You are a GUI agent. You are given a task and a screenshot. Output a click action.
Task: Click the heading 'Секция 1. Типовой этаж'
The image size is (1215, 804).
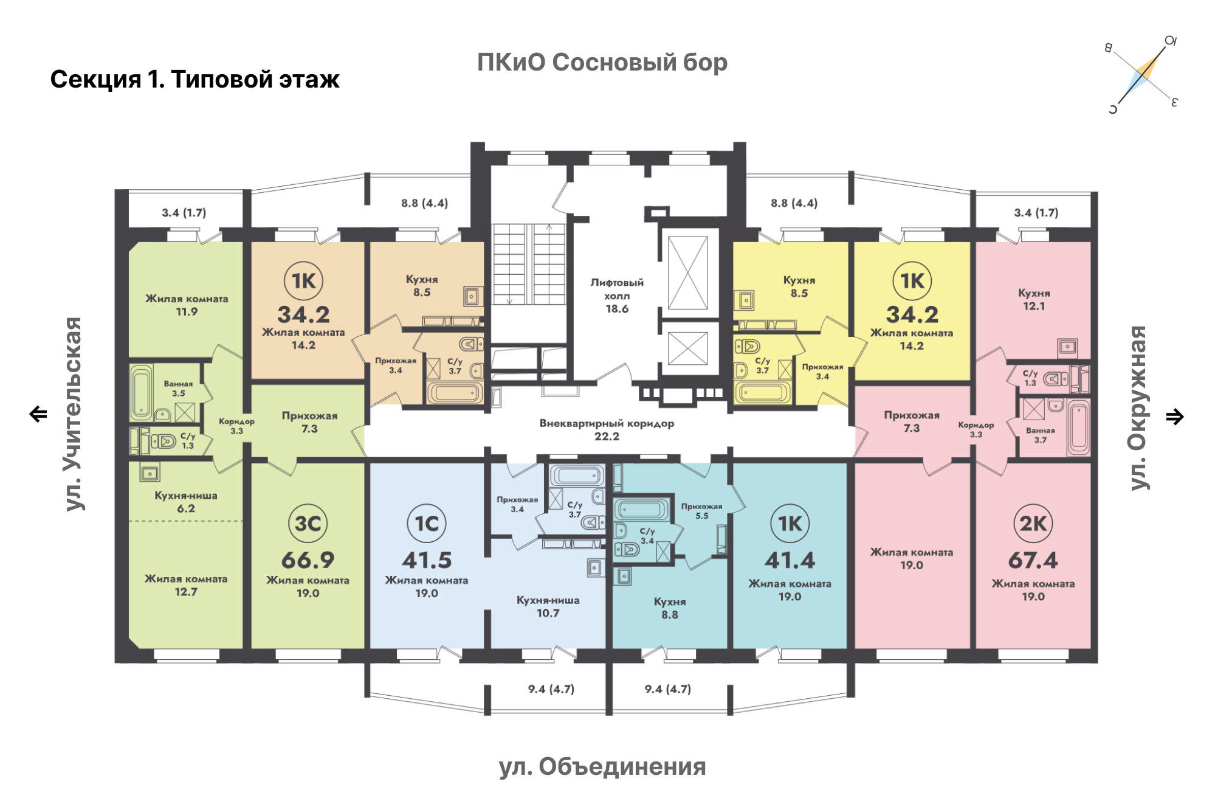[x=194, y=80]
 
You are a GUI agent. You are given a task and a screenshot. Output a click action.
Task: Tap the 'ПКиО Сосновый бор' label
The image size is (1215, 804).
[x=602, y=62]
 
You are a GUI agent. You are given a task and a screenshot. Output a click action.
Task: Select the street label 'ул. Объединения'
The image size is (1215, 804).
[x=602, y=768]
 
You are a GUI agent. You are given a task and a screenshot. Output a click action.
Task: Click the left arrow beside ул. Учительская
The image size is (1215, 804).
[x=38, y=414]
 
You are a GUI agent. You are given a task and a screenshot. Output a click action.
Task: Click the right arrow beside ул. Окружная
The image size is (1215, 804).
[x=1175, y=417]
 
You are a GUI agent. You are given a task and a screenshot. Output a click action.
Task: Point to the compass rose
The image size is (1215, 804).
[x=1143, y=75]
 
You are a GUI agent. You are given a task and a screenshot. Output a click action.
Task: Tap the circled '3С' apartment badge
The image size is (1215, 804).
[x=308, y=523]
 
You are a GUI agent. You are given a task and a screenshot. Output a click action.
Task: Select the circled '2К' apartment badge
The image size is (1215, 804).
[x=1033, y=523]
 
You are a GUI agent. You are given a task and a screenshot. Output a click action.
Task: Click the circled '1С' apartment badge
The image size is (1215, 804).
[x=426, y=523]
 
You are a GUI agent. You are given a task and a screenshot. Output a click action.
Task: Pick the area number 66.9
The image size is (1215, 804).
[x=308, y=560]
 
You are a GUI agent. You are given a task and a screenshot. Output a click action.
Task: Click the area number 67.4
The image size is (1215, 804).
[x=1033, y=560]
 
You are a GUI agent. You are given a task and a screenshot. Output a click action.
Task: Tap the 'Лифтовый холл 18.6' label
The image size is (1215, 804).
[x=617, y=296]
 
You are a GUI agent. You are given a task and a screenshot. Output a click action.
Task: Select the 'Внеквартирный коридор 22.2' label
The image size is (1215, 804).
[x=607, y=429]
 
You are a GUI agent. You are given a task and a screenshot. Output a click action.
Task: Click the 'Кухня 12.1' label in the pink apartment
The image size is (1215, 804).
[x=1034, y=299]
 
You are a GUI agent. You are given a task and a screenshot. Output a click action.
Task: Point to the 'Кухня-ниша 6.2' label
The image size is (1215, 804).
[x=186, y=502]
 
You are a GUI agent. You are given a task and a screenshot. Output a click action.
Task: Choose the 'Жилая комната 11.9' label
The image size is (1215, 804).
[x=187, y=305]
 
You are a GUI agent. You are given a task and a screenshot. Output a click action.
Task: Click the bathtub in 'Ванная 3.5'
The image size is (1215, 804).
[x=141, y=393]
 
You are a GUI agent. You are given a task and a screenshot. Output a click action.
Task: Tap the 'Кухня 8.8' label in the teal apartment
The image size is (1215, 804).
[x=670, y=608]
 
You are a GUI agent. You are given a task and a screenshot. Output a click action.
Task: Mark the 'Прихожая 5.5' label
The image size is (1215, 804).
[x=701, y=511]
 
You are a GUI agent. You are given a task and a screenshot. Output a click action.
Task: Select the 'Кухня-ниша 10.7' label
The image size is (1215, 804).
[x=548, y=606]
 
